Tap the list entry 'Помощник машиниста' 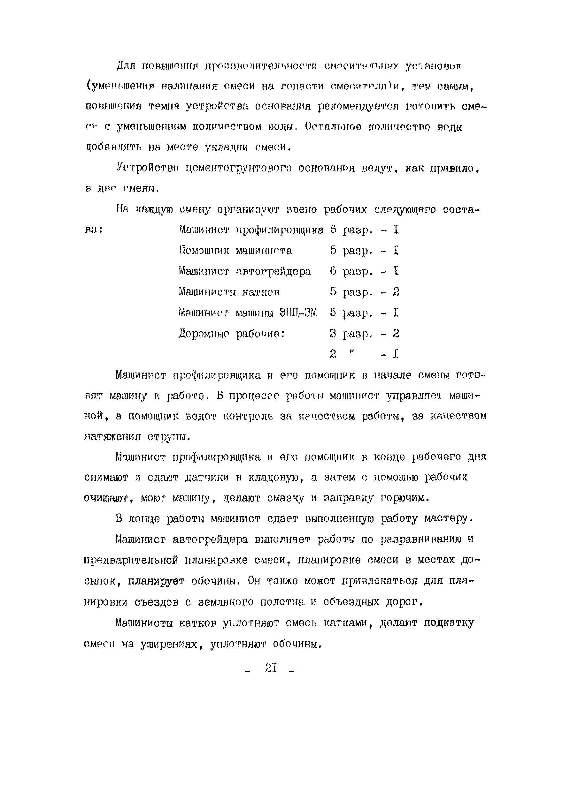pos(235,250)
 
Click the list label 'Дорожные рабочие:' pos(231,333)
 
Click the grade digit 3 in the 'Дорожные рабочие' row pos(333,333)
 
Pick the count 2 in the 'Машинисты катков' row pos(396,292)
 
